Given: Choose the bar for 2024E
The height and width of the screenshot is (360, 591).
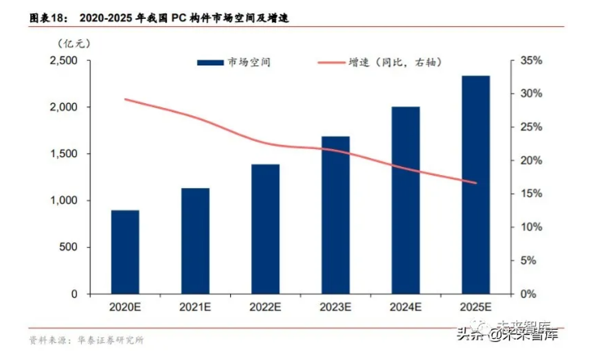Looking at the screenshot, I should click(405, 200).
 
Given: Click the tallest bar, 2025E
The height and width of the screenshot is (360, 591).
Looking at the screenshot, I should click(476, 185).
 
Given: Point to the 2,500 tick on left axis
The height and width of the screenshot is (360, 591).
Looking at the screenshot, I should click(63, 61).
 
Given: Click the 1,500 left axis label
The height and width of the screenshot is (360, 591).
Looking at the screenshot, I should click(63, 155).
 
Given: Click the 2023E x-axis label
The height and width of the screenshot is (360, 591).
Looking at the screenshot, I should click(336, 308).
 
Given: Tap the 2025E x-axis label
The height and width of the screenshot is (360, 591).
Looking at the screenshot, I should click(476, 308).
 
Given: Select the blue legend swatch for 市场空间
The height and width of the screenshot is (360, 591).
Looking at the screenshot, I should click(210, 62).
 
